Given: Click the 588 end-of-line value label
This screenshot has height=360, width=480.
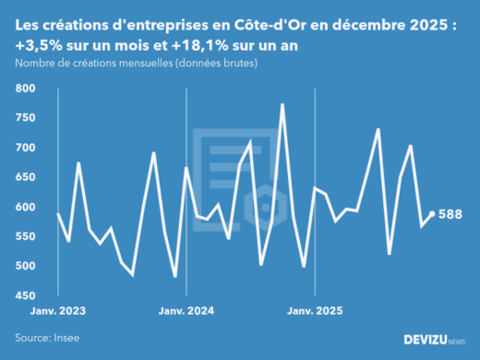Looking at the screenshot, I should tap(450, 214).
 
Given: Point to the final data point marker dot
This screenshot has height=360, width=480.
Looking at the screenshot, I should tap(432, 214).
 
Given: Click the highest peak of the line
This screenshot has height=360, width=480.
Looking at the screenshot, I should tap(282, 104).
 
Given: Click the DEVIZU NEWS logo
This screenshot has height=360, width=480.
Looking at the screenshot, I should tap(434, 339).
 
